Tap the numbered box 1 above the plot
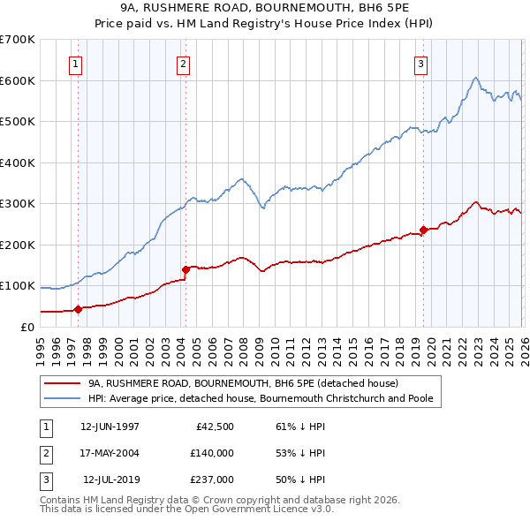click(75, 64)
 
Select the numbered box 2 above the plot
click(183, 64)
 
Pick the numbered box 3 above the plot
click(421, 64)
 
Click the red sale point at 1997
click(78, 309)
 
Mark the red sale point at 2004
click(185, 269)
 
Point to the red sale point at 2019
click(423, 230)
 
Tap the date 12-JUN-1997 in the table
click(110, 427)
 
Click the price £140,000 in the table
click(212, 454)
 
